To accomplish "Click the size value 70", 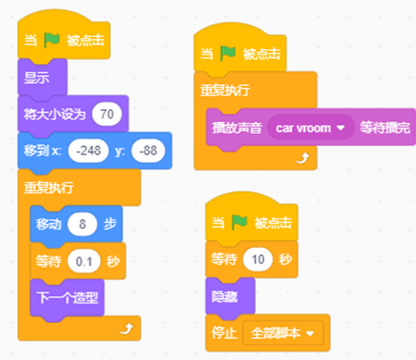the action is coord(107,114).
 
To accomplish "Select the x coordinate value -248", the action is coord(88,151).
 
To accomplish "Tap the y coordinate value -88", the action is coord(148,151).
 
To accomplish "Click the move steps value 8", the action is coord(82,224).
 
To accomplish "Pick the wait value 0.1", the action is coord(84,262).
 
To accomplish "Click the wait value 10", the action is coord(258,259).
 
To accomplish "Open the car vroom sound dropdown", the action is coord(310,128).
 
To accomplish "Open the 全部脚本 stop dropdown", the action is coord(283,333).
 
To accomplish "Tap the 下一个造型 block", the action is coord(67,298).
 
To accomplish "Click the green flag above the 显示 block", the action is coord(52,40).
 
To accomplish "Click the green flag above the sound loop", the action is coord(228,54).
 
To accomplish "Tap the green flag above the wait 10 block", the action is coord(239,222).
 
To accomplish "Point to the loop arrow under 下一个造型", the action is coord(127,329).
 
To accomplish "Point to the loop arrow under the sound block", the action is coord(303,158).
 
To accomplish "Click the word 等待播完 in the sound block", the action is coord(384,128).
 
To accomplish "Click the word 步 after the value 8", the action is coord(110,224).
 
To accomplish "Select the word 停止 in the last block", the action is coord(224,333).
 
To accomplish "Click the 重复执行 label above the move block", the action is coord(49,187).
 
